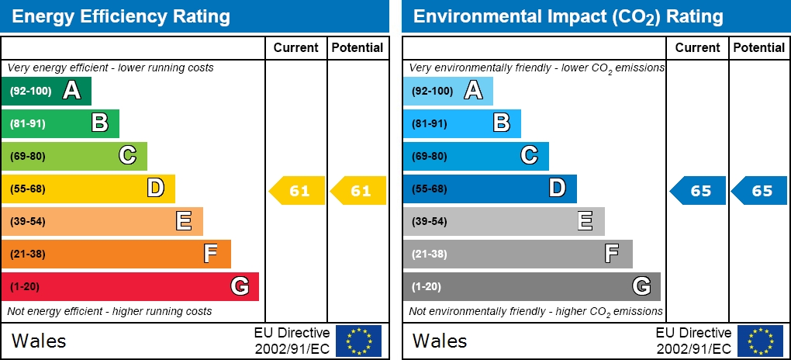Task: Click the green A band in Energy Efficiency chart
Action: coord(47,91)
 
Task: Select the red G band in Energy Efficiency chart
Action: coord(130,286)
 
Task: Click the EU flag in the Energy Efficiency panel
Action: coord(358,341)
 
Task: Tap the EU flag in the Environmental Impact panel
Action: coord(760,341)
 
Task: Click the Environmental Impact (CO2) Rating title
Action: coord(568,16)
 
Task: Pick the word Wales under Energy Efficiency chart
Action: coord(39,341)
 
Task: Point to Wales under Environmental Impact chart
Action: coord(440,341)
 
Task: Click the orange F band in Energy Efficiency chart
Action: coord(116,254)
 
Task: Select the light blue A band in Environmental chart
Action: coord(447,91)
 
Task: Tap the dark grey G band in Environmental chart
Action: coord(531,286)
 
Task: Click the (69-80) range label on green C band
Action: coord(28,156)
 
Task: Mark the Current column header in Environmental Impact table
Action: coord(697,47)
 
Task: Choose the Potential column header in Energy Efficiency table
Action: coord(358,47)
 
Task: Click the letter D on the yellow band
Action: coord(156,189)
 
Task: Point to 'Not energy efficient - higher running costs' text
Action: coord(109,311)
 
